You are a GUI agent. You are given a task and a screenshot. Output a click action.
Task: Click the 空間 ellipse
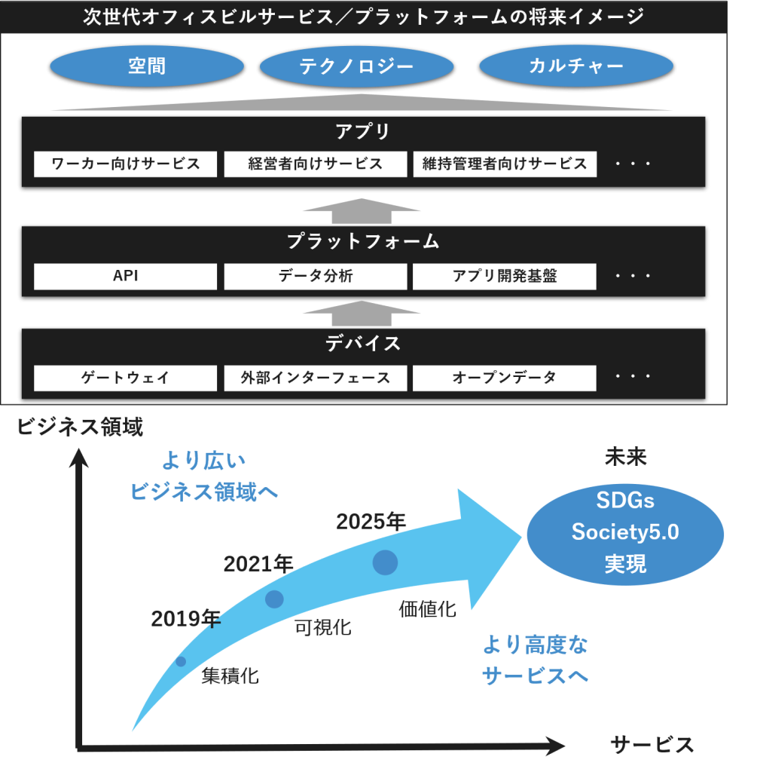pos(147,66)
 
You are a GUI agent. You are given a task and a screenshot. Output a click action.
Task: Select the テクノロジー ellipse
pos(356,66)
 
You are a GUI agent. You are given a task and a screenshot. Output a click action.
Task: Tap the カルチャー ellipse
pos(576,66)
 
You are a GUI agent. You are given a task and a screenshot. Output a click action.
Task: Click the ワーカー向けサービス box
pos(126,164)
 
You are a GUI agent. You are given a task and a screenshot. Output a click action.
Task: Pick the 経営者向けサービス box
pos(316,164)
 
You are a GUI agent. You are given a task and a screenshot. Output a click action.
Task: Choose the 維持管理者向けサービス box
pos(505,164)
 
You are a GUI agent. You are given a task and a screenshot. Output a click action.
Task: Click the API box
pos(126,276)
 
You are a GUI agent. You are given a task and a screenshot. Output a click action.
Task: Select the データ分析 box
pos(316,276)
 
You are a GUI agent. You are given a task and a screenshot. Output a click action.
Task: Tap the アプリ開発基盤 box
pos(505,276)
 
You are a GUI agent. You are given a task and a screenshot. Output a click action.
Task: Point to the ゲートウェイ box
pos(126,378)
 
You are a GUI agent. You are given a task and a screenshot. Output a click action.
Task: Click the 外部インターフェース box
pos(316,378)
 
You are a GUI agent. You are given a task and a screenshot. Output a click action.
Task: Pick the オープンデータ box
pos(505,378)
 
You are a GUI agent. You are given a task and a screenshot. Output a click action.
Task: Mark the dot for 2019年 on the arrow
pos(181,661)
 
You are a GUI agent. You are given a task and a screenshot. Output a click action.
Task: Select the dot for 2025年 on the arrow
pos(385,562)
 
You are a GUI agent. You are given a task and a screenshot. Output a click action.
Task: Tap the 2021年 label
pos(258,563)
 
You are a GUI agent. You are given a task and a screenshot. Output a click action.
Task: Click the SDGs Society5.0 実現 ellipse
pos(625,532)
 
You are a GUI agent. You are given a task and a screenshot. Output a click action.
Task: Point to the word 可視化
pos(322,626)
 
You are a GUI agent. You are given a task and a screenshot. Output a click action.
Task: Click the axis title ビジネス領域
pos(80,427)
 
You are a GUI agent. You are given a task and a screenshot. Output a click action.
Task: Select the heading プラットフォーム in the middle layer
pos(362,242)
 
